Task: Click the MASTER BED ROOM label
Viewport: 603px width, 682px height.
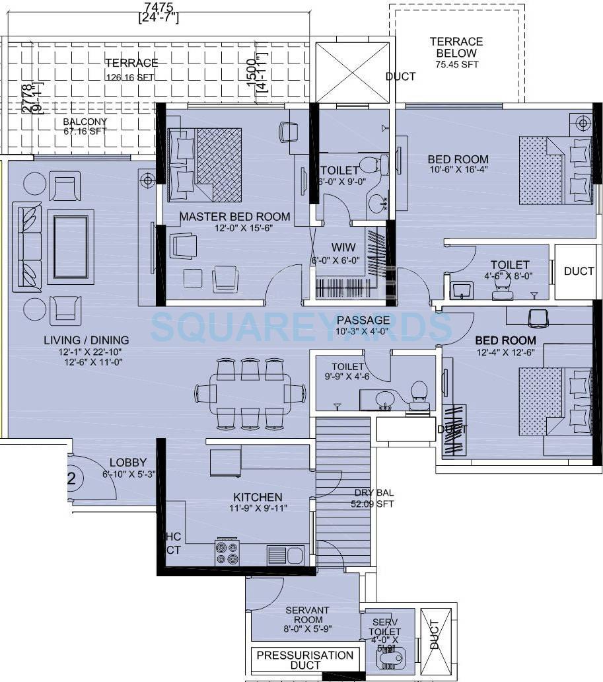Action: tap(234, 216)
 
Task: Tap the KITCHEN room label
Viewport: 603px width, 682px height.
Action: tap(258, 497)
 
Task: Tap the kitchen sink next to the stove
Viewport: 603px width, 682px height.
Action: tap(285, 554)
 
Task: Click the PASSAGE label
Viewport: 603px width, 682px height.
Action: tap(363, 320)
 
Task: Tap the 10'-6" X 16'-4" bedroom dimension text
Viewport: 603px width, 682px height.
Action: tap(458, 170)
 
